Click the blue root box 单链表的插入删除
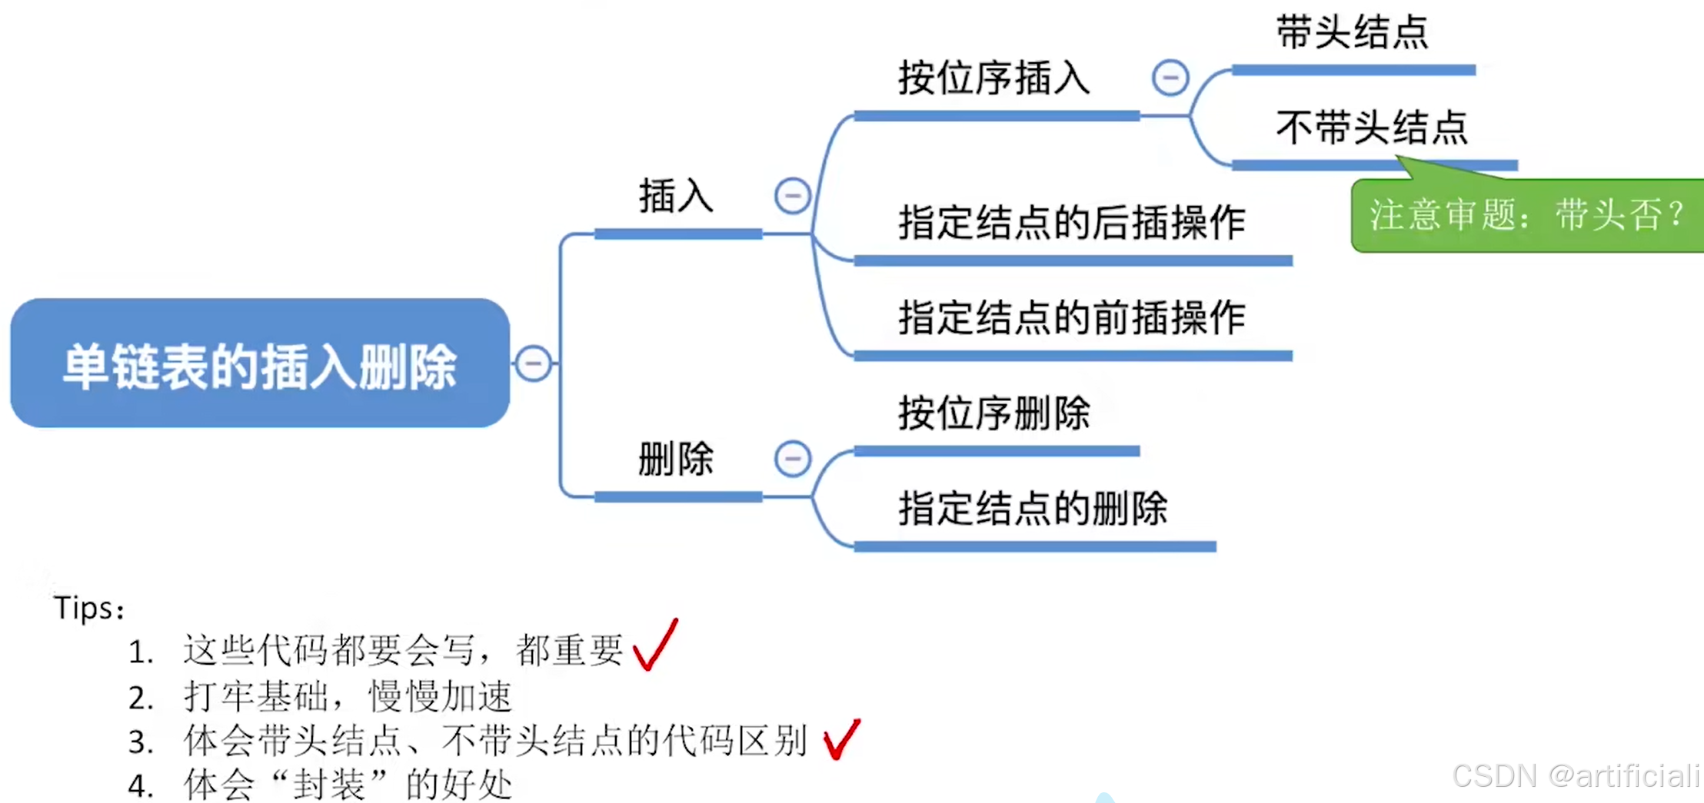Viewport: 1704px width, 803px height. tap(260, 363)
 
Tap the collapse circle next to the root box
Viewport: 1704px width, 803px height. tap(533, 363)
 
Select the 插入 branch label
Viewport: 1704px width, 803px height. tap(676, 196)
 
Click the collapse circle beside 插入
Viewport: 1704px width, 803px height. tap(792, 195)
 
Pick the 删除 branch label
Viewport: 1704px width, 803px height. tap(676, 459)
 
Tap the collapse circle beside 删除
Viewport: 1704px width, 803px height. tap(792, 459)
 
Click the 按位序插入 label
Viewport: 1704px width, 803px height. tap(993, 78)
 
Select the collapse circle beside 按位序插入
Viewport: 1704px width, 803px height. tap(1170, 78)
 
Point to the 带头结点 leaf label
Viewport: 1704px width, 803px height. tap(1352, 33)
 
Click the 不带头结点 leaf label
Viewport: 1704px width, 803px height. tap(1372, 128)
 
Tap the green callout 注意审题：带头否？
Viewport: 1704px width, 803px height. tap(1526, 215)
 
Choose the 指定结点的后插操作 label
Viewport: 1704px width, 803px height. tap(1072, 223)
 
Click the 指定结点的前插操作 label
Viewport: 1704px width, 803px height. tap(1072, 318)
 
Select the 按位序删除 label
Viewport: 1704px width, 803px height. tap(993, 413)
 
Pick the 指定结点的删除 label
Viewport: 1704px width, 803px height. tap(1033, 509)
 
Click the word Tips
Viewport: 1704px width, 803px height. tap(85, 609)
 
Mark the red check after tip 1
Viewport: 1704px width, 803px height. tap(656, 645)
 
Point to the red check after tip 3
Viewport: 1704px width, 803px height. tap(841, 739)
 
